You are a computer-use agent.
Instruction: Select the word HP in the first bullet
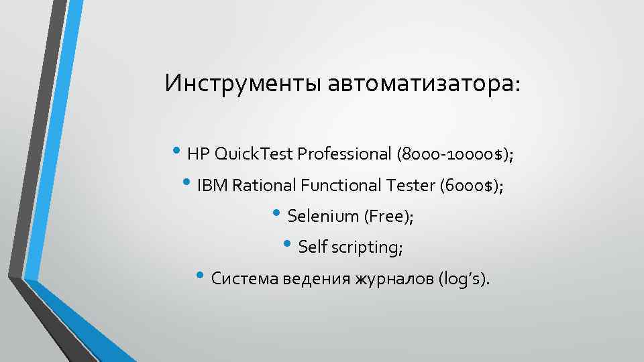199,154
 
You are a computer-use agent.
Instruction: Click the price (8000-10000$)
455,154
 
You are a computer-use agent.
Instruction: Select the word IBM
213,185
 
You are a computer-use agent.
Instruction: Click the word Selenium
323,216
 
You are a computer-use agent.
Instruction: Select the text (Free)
388,216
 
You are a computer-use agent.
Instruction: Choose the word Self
311,247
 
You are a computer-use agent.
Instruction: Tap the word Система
241,278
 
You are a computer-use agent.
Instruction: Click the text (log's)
463,278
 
